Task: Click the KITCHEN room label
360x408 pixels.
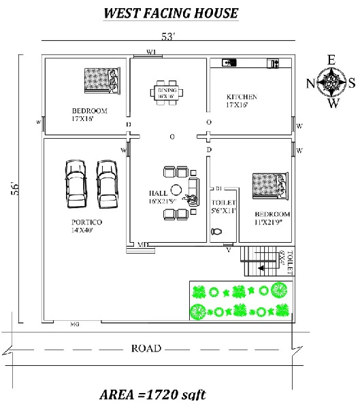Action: click(242, 97)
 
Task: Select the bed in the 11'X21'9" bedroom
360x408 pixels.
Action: click(269, 186)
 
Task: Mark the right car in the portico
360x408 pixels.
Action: click(106, 184)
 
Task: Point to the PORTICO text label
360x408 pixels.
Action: click(86, 222)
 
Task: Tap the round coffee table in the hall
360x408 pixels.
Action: click(176, 190)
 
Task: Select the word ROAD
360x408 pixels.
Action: click(146, 349)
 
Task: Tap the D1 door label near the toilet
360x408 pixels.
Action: click(220, 188)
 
